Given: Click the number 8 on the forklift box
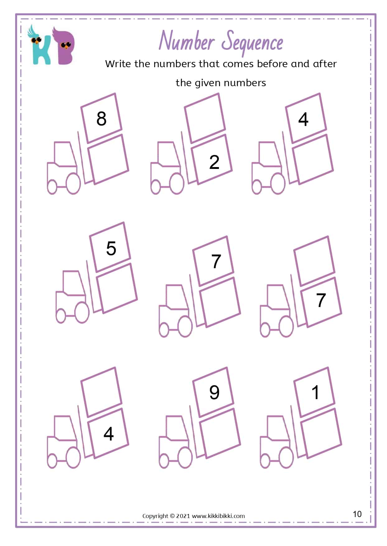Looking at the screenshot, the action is (x=101, y=119).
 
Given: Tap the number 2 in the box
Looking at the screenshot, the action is (x=214, y=162).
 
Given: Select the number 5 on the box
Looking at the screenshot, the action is (x=111, y=248).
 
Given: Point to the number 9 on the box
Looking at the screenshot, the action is (x=214, y=392).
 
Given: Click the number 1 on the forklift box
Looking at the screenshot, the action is (x=315, y=392).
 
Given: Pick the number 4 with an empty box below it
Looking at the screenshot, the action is (x=303, y=119).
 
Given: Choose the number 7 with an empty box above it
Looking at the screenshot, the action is (x=321, y=300).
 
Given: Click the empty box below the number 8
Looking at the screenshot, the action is (x=108, y=159).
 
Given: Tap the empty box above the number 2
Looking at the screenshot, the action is (x=205, y=118).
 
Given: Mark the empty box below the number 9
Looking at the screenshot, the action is (x=220, y=433).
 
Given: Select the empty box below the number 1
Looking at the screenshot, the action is (x=321, y=433).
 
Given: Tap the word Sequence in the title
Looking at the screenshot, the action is (x=254, y=43).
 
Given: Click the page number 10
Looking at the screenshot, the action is (x=357, y=514).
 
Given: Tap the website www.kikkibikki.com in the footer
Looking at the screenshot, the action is (x=218, y=516).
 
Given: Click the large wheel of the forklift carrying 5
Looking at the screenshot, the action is (x=82, y=313).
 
